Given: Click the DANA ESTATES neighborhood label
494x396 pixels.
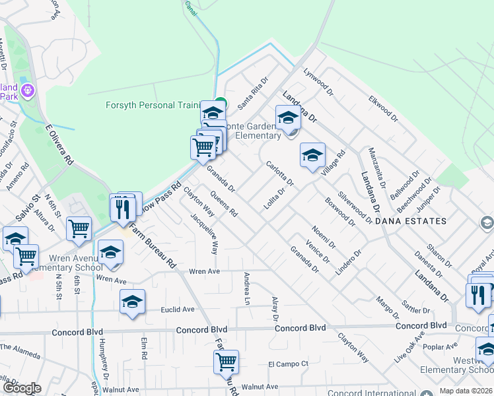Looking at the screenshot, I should point(410,221).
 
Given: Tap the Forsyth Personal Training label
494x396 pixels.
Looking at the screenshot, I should point(153,106).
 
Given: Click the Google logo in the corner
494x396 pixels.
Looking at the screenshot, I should point(22,388).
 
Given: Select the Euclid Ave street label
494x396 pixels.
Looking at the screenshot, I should point(179,309).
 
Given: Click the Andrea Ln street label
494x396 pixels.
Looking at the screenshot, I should point(247,288).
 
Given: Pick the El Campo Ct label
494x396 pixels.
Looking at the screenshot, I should point(288,364).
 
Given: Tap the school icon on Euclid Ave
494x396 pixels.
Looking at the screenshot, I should point(133,302).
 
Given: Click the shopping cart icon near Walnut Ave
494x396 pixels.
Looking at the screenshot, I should point(227,361).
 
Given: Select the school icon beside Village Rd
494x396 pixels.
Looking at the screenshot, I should point(312,155).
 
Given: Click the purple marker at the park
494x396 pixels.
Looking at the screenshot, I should point(28,89).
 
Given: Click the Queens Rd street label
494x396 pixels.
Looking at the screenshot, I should point(224,204).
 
